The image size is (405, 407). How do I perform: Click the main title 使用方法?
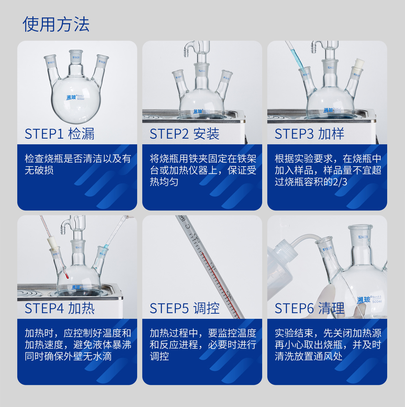pos(56,25)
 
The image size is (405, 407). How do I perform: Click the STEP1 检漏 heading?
pos(60,134)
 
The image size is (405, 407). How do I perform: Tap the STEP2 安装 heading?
pos(184,134)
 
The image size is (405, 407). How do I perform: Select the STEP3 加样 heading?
pos(309,134)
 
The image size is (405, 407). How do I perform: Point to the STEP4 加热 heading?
pos(60,308)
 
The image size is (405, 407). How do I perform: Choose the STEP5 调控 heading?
pos(184,308)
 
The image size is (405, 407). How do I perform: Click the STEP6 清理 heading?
pos(309,308)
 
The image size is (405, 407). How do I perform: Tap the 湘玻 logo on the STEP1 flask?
pos(72,97)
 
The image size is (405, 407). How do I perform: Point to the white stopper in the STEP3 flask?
pos(359,64)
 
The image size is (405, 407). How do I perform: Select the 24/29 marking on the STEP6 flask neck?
pos(363,237)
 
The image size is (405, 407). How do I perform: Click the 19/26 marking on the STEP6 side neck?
pos(327,248)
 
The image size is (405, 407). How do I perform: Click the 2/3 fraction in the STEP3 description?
pos(340,182)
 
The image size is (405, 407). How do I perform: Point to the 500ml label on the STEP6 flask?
pos(377,301)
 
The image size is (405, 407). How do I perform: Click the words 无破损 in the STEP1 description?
pos(39,170)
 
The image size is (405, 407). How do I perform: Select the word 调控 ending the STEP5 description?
pos(159,356)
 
